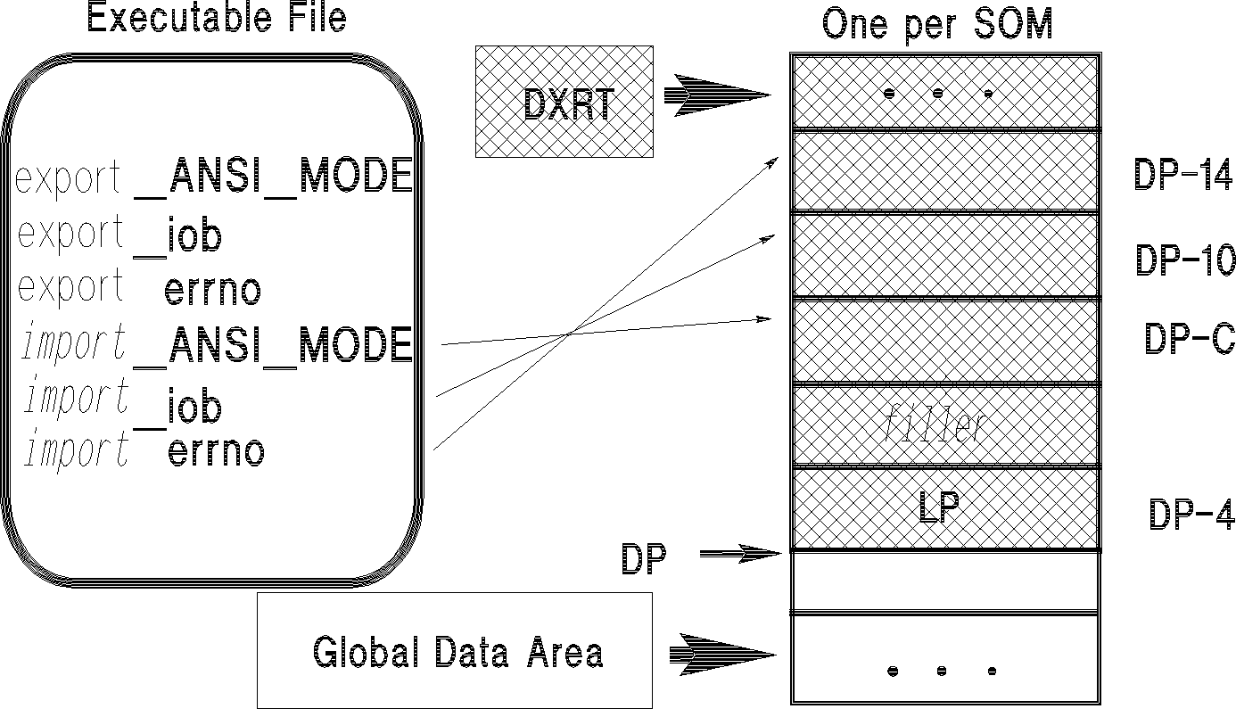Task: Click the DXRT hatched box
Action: click(x=564, y=102)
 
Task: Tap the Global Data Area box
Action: click(x=455, y=650)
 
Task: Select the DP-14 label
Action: click(x=1182, y=175)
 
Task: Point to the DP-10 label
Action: click(x=1184, y=260)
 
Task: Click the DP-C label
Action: click(x=1189, y=339)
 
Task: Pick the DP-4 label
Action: click(x=1190, y=515)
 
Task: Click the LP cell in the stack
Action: click(x=943, y=508)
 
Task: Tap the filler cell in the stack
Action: click(x=943, y=425)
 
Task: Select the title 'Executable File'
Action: click(x=216, y=18)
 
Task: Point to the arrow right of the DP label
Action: click(x=740, y=555)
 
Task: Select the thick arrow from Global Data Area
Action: click(x=722, y=653)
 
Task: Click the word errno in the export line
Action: click(x=213, y=290)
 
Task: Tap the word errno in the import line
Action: click(x=216, y=452)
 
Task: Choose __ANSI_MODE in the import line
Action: click(x=273, y=345)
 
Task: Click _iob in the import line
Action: click(x=178, y=408)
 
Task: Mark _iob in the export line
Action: click(x=178, y=236)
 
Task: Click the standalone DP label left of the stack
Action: click(x=644, y=559)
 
